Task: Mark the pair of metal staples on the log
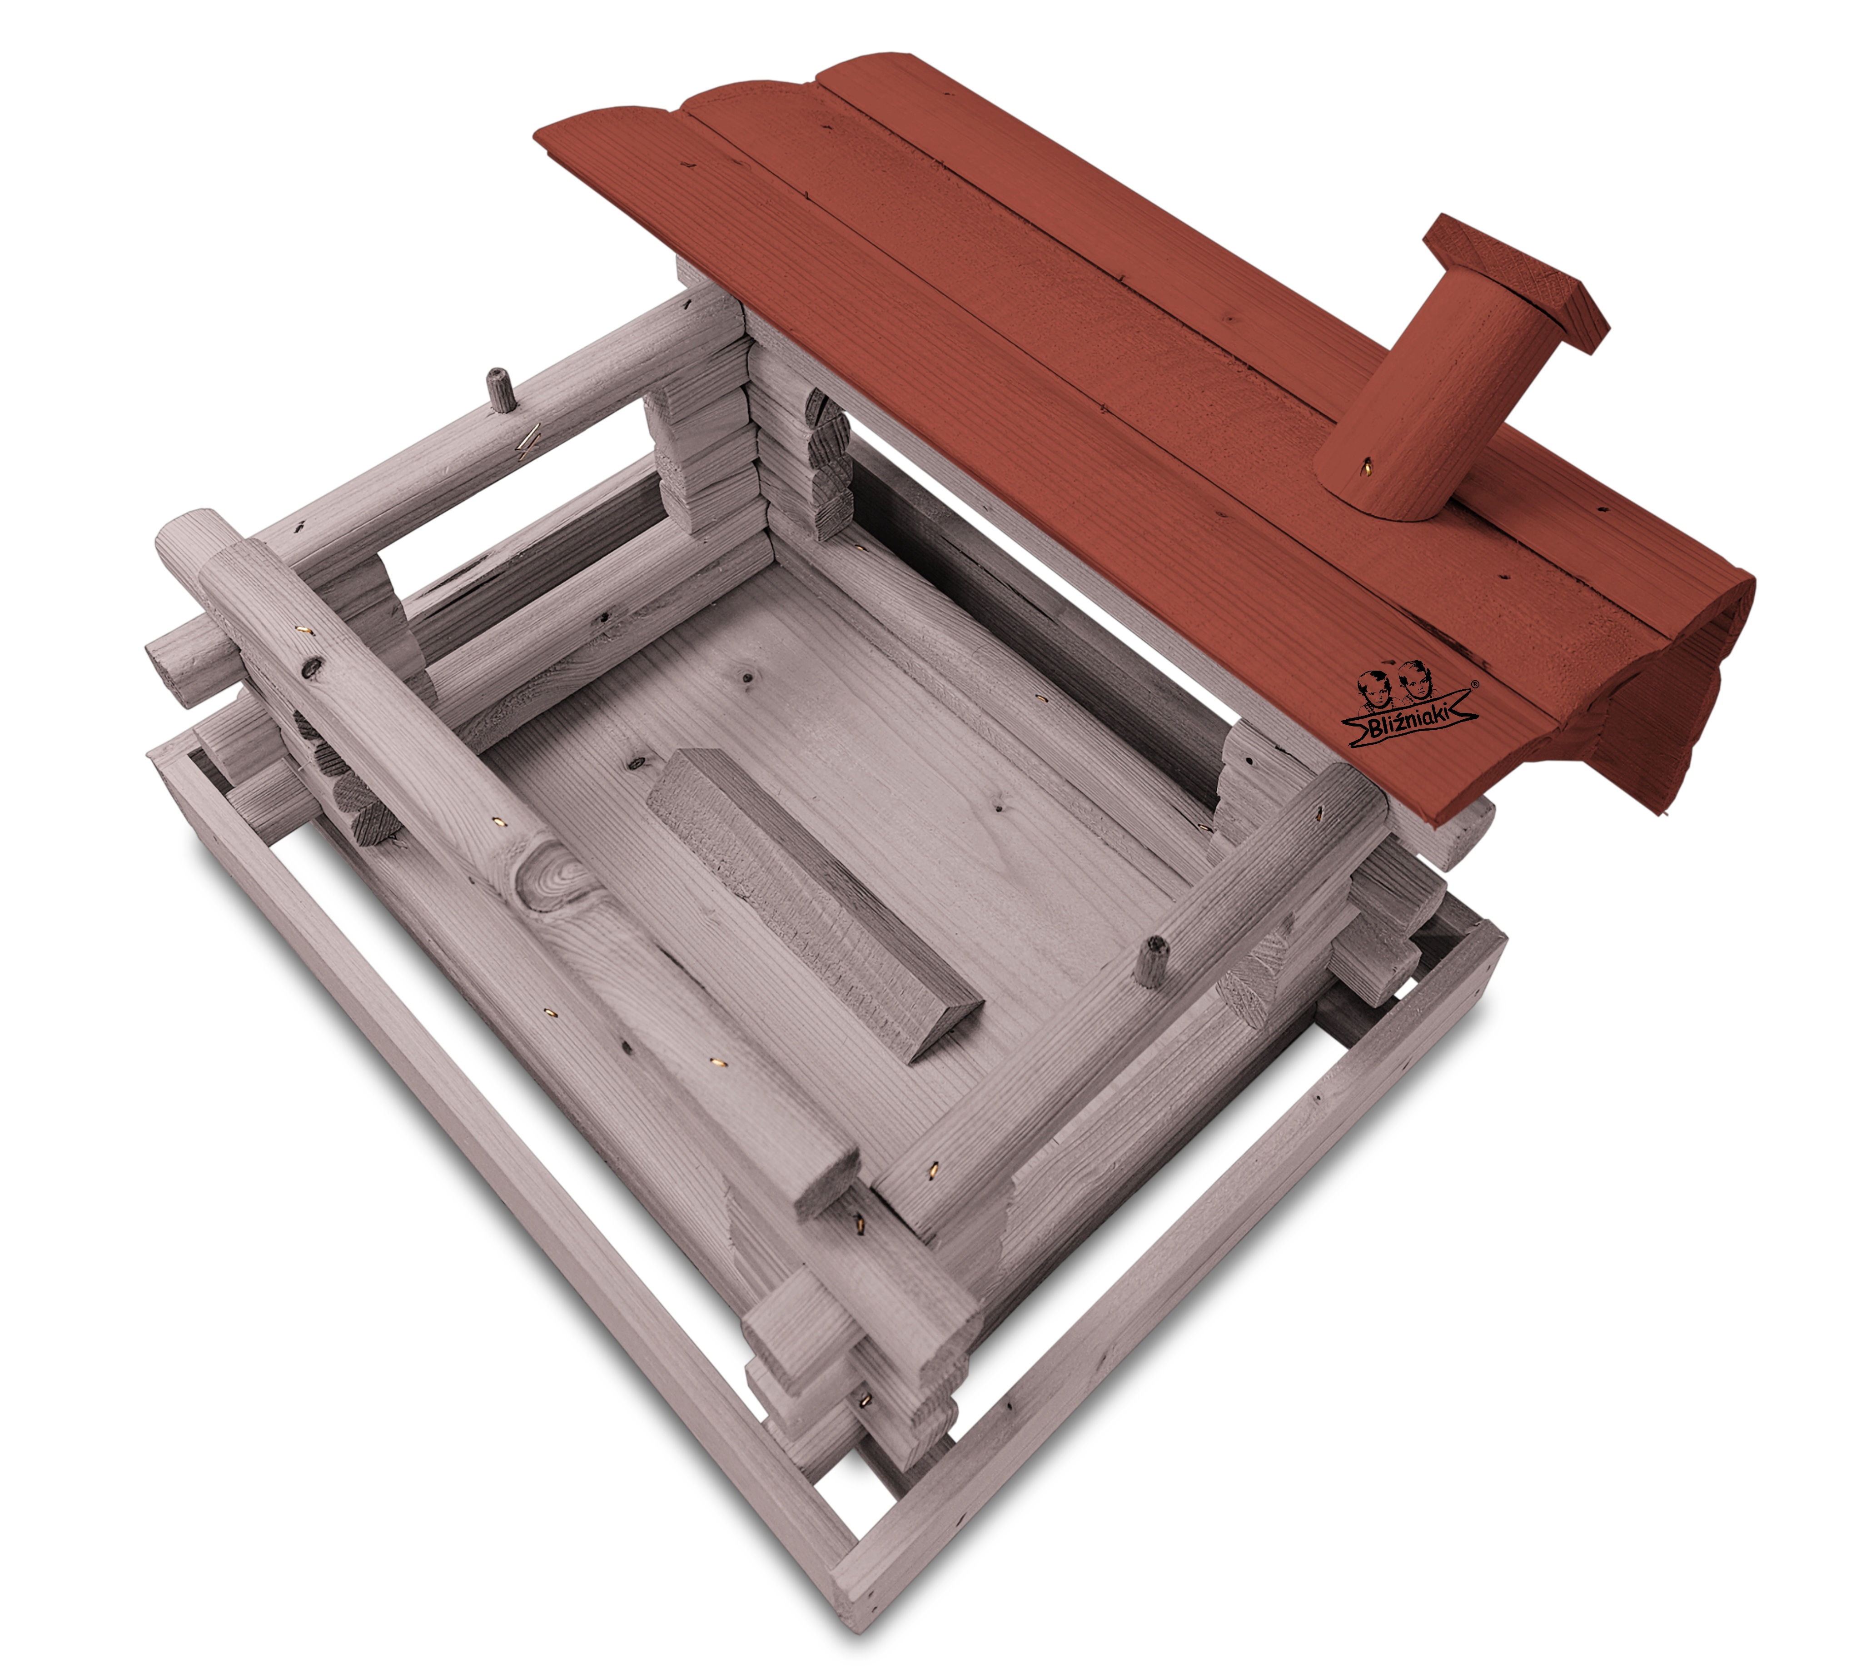[527, 442]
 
